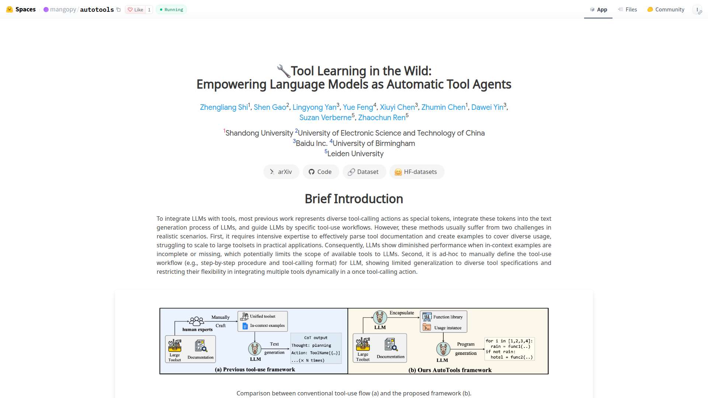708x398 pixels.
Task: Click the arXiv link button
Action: pyautogui.click(x=281, y=172)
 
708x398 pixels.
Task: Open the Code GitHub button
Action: pyautogui.click(x=320, y=172)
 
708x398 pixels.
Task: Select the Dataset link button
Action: pyautogui.click(x=364, y=172)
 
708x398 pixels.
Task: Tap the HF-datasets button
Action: pyautogui.click(x=417, y=172)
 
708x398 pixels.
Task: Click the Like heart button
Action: pyautogui.click(x=135, y=10)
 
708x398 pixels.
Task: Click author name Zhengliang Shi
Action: pyautogui.click(x=224, y=107)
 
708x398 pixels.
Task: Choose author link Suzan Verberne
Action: pyautogui.click(x=325, y=118)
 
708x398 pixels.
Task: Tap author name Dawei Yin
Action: pyautogui.click(x=487, y=107)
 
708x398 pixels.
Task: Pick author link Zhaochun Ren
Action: pyautogui.click(x=382, y=118)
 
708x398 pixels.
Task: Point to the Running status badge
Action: pyautogui.click(x=171, y=10)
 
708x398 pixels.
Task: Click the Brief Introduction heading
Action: pyautogui.click(x=354, y=199)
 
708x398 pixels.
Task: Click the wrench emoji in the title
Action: pyautogui.click(x=283, y=71)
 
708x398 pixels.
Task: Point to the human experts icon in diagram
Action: pyautogui.click(x=197, y=321)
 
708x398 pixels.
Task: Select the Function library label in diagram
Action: pyautogui.click(x=448, y=317)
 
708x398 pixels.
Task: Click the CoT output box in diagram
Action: pyautogui.click(x=316, y=348)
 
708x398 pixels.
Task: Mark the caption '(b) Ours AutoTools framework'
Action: pyautogui.click(x=450, y=370)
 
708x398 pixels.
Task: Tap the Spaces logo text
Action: pyautogui.click(x=25, y=10)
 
